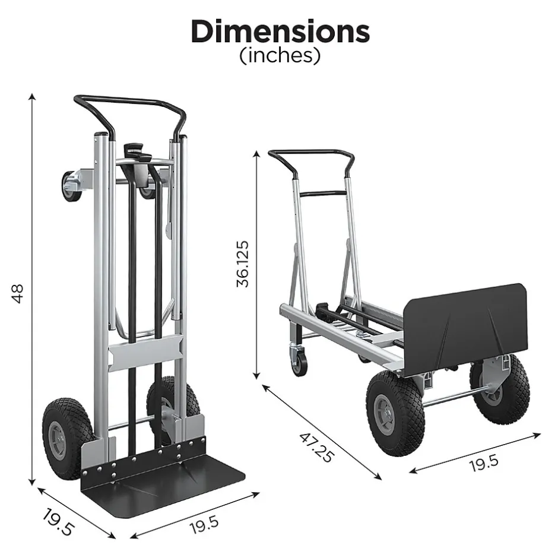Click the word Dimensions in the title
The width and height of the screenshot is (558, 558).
click(x=280, y=31)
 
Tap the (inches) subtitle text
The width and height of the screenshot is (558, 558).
click(x=280, y=56)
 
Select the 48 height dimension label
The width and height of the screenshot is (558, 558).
click(x=17, y=293)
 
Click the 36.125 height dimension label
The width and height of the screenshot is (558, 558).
click(x=243, y=264)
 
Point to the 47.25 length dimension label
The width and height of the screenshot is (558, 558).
click(x=316, y=447)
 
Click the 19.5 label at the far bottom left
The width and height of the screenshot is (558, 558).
click(x=58, y=522)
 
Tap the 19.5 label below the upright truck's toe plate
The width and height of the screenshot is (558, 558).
click(x=204, y=525)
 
